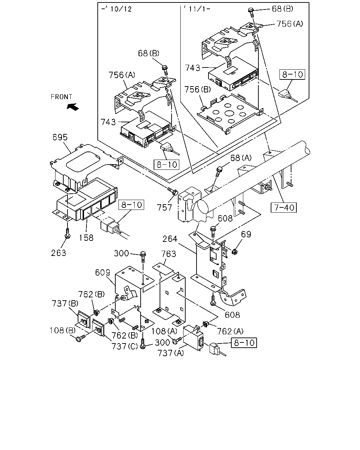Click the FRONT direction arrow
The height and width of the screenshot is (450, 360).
pos(72,107)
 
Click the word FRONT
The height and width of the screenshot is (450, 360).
pos(61,97)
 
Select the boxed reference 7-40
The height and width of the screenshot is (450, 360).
pos(284,208)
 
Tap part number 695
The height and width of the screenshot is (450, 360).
pos(60,137)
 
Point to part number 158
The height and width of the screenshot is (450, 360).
pos(86,238)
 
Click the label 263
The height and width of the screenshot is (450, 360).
pos(59,253)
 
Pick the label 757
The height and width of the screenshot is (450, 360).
pos(165,208)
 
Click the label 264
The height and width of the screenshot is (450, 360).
pos(170,239)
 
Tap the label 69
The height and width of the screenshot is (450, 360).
pos(246,234)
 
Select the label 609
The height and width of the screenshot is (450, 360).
pos(103,272)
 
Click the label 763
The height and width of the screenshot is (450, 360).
pos(168,254)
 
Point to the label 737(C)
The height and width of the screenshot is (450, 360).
pos(124,347)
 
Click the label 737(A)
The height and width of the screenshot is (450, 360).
pos(171,353)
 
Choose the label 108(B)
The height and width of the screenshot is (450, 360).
pos(63,330)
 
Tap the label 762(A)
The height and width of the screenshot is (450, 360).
pos(230,332)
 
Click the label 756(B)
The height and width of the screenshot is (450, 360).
pos(198,90)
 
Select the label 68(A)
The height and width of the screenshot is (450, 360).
pos(241,158)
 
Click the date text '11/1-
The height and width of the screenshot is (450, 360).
pos(197,9)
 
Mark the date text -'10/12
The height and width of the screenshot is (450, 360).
pos(116,9)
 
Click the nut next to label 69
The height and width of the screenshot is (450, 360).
pos(235,252)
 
